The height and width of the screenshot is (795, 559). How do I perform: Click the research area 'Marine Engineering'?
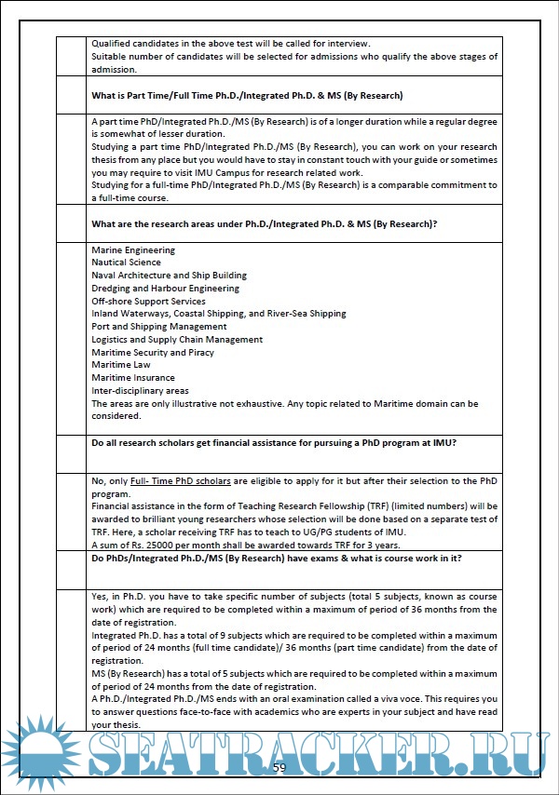133,249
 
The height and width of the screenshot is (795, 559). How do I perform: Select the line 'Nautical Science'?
127,263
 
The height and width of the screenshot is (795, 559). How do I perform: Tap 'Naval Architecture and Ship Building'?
169,276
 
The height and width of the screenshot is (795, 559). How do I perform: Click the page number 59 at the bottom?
279,767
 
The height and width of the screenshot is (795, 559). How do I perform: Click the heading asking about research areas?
265,224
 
